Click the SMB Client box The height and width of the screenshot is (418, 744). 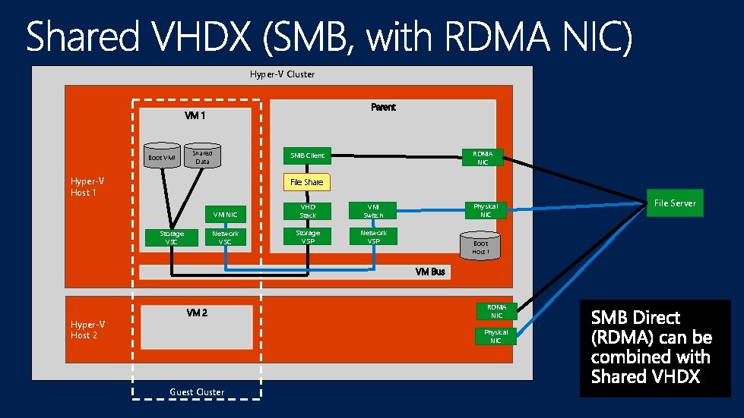[307, 156]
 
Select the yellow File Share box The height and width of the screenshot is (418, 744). [307, 182]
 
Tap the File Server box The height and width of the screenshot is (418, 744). [674, 203]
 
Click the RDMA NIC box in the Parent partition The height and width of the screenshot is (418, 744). [483, 157]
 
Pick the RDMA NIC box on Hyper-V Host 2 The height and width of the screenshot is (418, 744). [495, 311]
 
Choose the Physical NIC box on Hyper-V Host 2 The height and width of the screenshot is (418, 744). [495, 336]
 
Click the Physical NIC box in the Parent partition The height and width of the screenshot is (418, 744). [485, 210]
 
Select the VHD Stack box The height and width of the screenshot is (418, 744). [307, 211]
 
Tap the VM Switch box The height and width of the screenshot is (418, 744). [373, 211]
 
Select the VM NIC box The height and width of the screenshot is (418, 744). [226, 215]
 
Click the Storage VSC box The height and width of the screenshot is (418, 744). [171, 238]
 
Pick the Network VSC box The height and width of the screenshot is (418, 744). [226, 238]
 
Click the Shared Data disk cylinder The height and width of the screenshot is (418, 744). [202, 155]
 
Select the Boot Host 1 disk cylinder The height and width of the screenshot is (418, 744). [480, 246]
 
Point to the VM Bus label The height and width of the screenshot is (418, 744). [430, 272]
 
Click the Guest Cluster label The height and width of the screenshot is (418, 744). [197, 392]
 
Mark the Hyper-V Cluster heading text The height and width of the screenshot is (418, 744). [282, 74]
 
